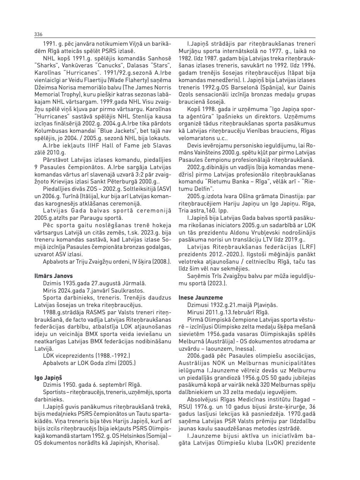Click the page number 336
(x=38, y=34)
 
